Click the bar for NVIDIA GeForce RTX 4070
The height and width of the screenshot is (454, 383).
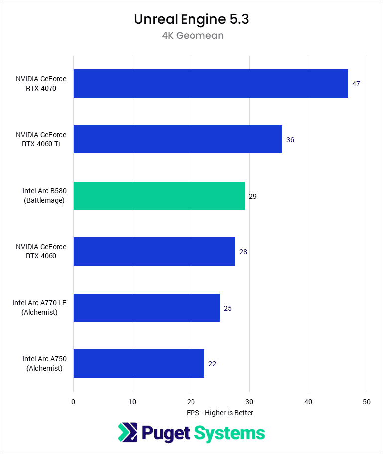(210, 84)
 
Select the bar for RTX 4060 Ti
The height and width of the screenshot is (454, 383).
(178, 139)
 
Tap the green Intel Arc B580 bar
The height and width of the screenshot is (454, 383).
(159, 196)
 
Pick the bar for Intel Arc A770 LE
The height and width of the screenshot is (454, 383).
(147, 308)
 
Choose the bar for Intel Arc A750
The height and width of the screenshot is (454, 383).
(139, 363)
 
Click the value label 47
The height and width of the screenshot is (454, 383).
(356, 84)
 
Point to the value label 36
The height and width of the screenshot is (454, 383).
(290, 140)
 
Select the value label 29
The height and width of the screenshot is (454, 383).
(253, 196)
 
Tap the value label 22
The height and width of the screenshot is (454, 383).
(212, 364)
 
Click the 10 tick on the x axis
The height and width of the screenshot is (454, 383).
(132, 401)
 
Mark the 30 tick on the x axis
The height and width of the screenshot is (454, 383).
(249, 401)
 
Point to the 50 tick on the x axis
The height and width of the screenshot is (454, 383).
(367, 401)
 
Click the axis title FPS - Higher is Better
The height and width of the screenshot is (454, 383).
(220, 413)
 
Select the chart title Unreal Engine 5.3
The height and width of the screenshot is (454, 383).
(191, 19)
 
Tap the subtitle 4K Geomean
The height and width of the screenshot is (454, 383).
(191, 35)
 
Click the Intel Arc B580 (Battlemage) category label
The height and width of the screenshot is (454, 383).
(44, 196)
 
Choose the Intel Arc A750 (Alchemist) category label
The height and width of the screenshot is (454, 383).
(44, 363)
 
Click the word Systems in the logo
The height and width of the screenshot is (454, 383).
(229, 433)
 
